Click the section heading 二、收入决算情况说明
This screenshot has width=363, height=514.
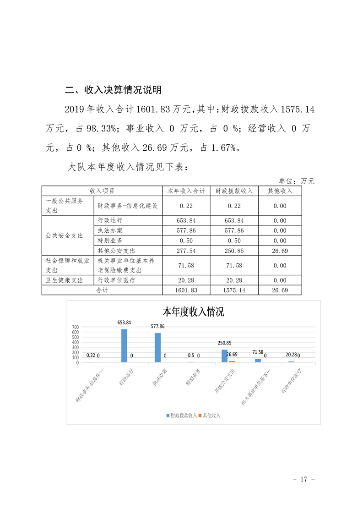(x=113, y=90)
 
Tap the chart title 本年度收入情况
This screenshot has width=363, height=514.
(x=193, y=312)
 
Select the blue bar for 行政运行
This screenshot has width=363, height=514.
(x=124, y=345)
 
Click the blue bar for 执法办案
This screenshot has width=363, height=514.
(x=158, y=347)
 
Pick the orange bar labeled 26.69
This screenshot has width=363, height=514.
(x=232, y=361)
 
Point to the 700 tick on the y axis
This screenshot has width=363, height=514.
(x=75, y=327)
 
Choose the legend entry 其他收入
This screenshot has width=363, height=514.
(x=211, y=415)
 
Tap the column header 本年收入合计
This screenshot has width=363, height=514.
(x=186, y=191)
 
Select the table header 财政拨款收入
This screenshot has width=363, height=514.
(x=234, y=191)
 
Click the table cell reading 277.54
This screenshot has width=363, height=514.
(x=186, y=250)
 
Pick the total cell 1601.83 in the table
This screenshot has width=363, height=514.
(x=186, y=290)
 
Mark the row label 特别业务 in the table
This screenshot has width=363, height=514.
(x=110, y=241)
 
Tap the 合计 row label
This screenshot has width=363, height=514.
(x=102, y=290)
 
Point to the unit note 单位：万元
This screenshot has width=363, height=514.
(x=297, y=181)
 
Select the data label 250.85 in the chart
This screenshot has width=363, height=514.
(x=224, y=343)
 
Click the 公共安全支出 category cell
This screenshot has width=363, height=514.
(x=65, y=235)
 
